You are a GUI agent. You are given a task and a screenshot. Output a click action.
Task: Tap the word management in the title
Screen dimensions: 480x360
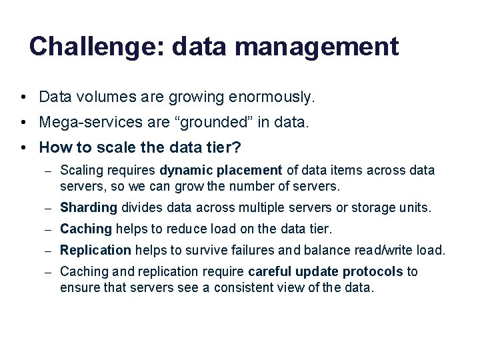pyautogui.click(x=317, y=47)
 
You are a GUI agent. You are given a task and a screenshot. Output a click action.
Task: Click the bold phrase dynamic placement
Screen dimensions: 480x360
pyautogui.click(x=221, y=171)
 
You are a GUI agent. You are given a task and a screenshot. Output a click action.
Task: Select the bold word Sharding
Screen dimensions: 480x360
pyautogui.click(x=89, y=208)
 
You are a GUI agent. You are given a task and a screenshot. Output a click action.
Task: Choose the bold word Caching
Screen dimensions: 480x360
pyautogui.click(x=86, y=229)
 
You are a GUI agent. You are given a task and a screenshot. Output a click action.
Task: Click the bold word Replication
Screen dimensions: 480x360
pyautogui.click(x=95, y=251)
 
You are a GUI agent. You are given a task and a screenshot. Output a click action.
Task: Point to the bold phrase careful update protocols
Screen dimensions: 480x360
pyautogui.click(x=325, y=272)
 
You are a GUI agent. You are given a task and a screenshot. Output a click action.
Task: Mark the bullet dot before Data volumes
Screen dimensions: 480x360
pyautogui.click(x=23, y=97)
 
